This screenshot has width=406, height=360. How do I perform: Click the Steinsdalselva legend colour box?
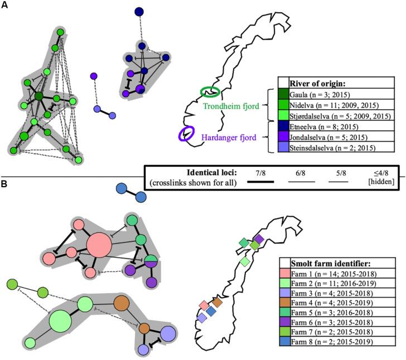(283, 147)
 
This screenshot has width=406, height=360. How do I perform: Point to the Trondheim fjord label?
(231, 105)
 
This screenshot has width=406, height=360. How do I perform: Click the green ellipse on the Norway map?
(211, 91)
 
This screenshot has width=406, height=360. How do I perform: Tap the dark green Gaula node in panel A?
(39, 98)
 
